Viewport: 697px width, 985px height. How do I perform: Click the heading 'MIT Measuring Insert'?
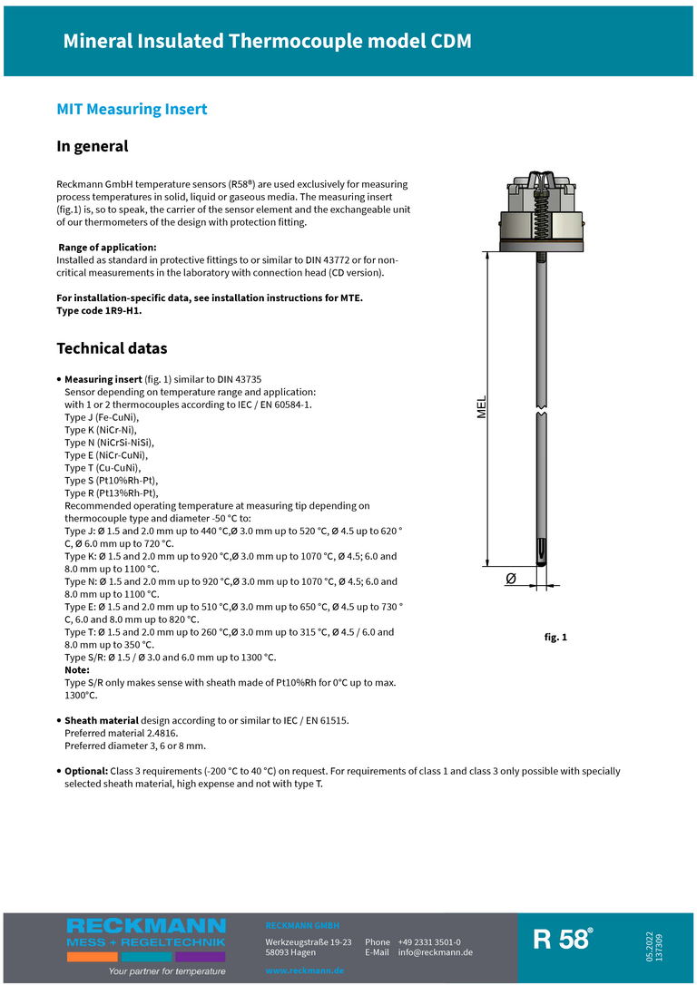132,110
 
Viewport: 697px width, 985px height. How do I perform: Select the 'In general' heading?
93,146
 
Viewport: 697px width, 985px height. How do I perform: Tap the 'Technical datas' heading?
112,348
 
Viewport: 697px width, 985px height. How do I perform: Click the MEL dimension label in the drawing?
482,407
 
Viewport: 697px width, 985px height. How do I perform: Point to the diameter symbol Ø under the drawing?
510,579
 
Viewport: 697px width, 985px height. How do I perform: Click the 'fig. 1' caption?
555,638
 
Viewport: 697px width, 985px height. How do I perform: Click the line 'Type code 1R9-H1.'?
99,310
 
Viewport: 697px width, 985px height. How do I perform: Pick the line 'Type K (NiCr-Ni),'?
100,430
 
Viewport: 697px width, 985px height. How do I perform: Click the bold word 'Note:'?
77,669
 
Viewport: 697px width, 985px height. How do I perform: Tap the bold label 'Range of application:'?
107,248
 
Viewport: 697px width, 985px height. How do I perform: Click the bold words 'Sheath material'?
101,720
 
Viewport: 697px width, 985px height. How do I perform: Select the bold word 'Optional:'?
85,771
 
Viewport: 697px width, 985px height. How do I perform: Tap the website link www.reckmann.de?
305,970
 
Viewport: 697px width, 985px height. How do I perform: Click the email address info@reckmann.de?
435,952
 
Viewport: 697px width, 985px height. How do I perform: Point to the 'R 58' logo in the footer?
563,940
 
